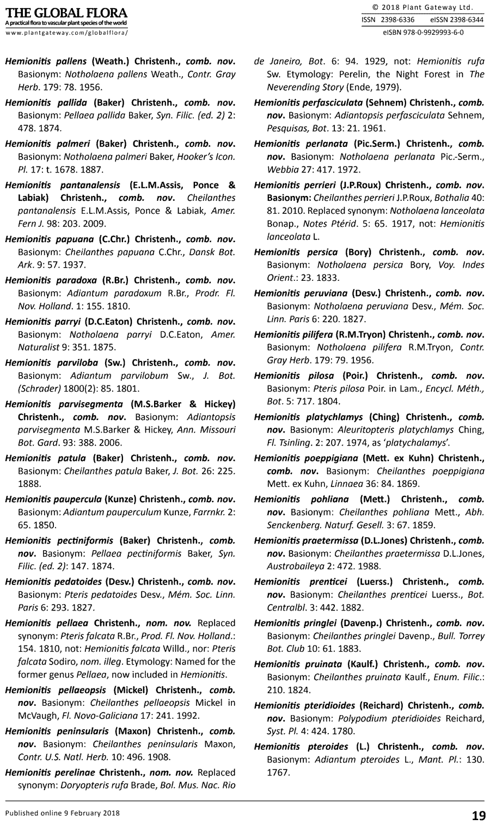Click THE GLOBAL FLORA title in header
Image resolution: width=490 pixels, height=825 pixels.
tap(66, 13)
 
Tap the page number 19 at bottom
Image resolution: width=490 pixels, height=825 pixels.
tap(478, 815)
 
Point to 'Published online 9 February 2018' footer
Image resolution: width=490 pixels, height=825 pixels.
tap(63, 813)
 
